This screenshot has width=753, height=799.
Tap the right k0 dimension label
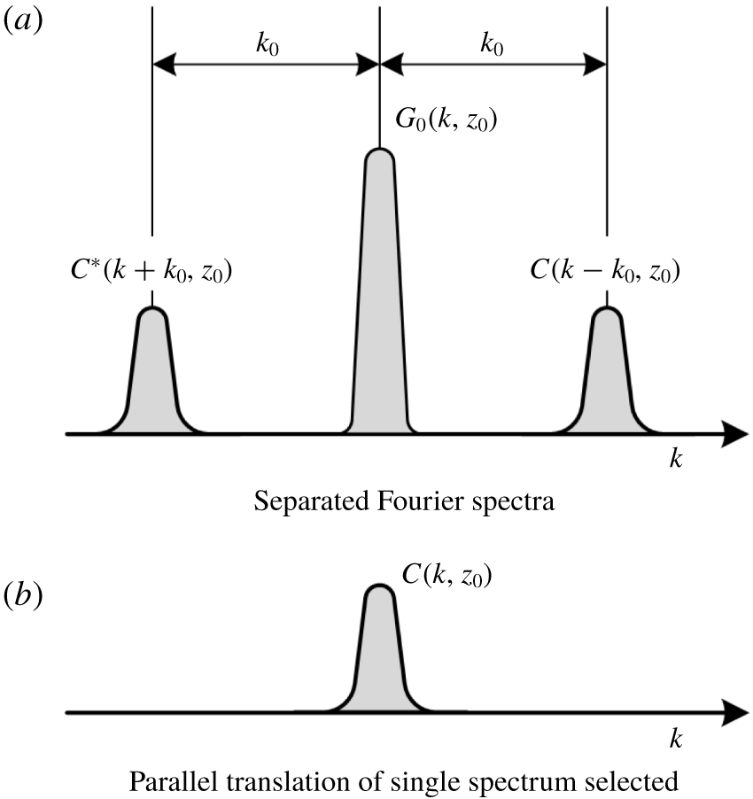click(x=493, y=44)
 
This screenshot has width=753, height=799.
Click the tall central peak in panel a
click(x=380, y=301)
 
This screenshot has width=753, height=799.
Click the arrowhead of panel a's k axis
click(x=734, y=434)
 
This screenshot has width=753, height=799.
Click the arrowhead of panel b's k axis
click(x=734, y=712)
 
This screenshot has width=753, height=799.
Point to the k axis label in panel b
click(x=678, y=738)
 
